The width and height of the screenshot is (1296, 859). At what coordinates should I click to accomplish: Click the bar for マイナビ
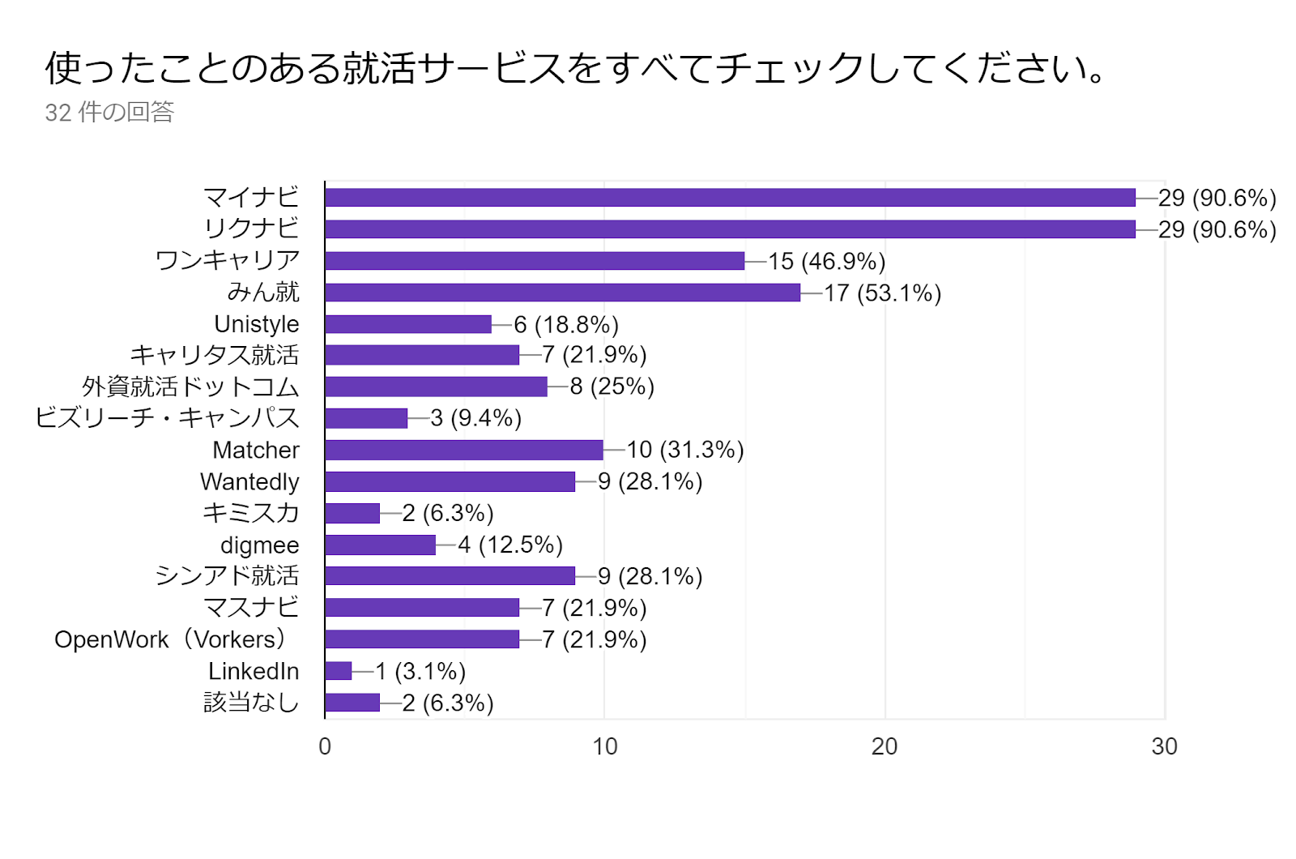[729, 198]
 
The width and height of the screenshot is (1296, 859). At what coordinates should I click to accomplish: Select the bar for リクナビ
[729, 229]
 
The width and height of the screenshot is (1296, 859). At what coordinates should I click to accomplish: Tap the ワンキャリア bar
[535, 261]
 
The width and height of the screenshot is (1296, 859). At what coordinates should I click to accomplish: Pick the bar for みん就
[562, 293]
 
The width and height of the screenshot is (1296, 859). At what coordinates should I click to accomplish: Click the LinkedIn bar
[339, 671]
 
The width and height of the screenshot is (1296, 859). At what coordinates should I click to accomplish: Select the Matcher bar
[464, 450]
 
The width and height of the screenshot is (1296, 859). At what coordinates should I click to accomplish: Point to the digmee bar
[380, 545]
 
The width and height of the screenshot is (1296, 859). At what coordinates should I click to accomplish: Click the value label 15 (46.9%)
[826, 261]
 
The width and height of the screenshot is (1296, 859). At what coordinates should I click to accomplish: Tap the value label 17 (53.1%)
[882, 293]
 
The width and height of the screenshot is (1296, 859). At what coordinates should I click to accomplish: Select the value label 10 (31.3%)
[684, 450]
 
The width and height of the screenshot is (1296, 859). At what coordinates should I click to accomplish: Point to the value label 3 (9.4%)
[475, 418]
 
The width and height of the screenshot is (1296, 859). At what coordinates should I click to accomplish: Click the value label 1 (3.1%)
[420, 671]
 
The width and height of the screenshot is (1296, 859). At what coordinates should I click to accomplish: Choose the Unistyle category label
[256, 324]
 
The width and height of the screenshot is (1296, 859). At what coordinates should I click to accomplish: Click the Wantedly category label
[249, 481]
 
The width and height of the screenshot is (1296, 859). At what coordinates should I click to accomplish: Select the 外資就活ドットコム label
[190, 387]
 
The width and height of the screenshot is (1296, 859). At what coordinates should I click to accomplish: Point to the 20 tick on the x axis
[885, 746]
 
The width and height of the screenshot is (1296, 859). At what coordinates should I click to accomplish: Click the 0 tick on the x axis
[325, 746]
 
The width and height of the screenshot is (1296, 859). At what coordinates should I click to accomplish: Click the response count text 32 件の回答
[109, 112]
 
